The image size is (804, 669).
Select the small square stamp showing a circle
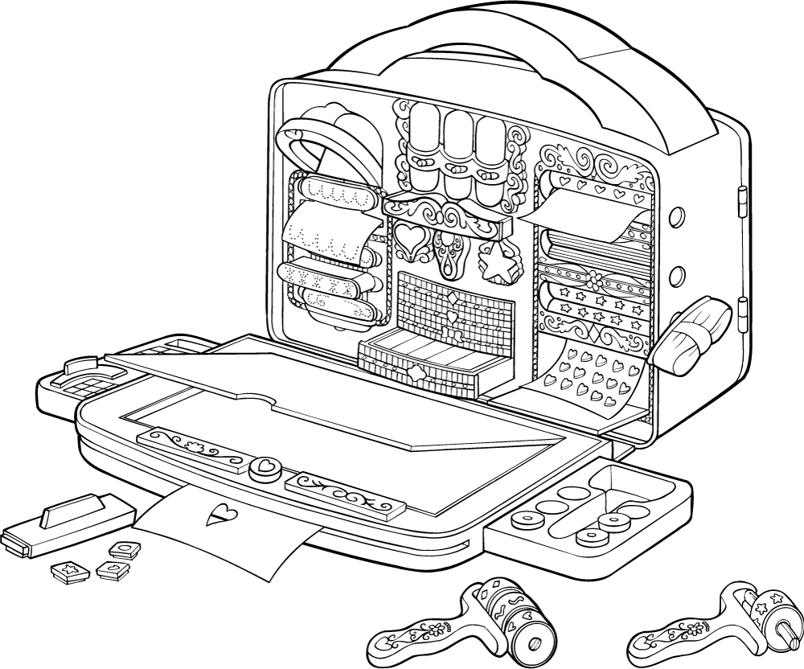pos(125,550)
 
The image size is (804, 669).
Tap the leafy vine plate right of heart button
pos(347,494)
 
